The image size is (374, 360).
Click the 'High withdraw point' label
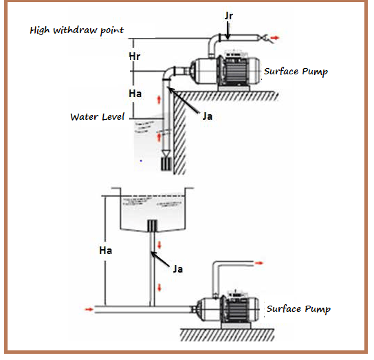[76, 30]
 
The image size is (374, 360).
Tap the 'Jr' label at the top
[229, 16]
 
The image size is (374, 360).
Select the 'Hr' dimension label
[135, 56]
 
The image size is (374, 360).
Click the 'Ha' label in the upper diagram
[135, 94]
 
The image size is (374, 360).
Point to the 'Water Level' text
[98, 117]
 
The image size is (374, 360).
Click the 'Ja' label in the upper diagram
[207, 116]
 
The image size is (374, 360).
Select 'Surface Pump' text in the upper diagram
[296, 72]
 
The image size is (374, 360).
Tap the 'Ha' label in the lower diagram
[105, 251]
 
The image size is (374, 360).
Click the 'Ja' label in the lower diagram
[178, 269]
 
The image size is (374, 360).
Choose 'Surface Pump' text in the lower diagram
[298, 309]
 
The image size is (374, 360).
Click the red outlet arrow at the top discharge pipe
[275, 38]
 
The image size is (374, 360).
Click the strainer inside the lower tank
[152, 226]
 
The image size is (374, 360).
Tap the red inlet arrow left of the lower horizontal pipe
[89, 309]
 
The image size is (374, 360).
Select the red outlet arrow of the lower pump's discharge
[258, 263]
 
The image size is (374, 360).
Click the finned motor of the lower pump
[236, 310]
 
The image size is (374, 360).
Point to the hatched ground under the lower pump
[227, 335]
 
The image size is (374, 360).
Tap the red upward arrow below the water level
[159, 138]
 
